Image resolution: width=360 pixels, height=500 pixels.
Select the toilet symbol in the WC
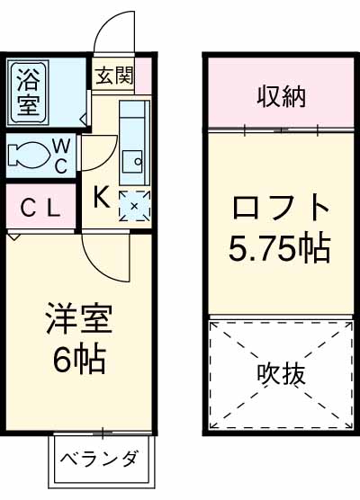pos(26,156)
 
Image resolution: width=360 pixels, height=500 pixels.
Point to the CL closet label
pos(40,209)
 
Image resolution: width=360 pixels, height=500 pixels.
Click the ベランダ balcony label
pos(101,460)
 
